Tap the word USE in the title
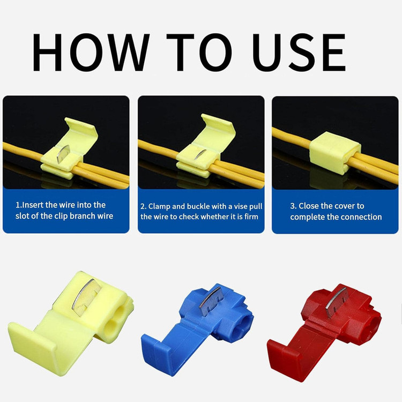(299, 53)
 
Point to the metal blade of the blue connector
(210, 301)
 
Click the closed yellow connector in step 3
(335, 153)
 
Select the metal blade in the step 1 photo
(63, 153)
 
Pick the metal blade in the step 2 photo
(200, 154)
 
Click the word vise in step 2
(240, 206)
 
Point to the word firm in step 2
(251, 217)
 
